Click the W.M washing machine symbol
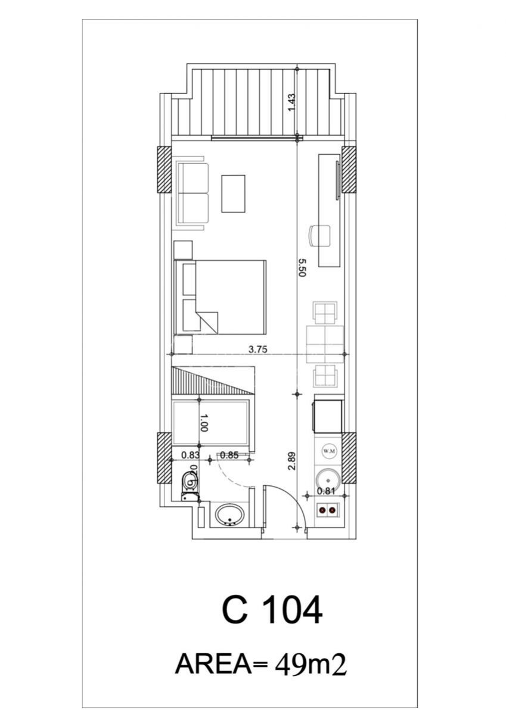coord(329,451)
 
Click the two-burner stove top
coord(328,510)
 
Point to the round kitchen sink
coord(327,479)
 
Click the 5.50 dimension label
coord(302,268)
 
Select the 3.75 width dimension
coord(257,350)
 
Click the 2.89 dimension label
coord(292,461)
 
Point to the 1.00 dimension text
coord(204,423)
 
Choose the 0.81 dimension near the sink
coord(327,491)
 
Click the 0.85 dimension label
coord(229,454)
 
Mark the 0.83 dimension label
coord(191,454)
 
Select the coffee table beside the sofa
coord(234,194)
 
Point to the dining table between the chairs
coord(325,344)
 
